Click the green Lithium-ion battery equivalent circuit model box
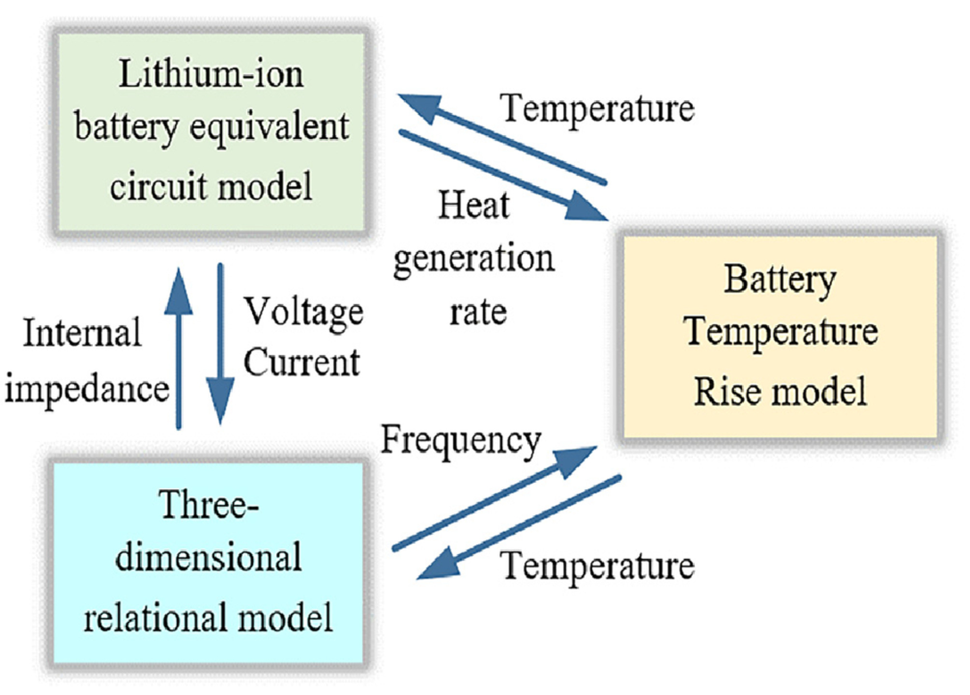click(x=211, y=133)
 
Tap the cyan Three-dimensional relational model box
click(x=208, y=562)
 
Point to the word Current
click(x=302, y=362)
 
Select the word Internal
click(x=82, y=333)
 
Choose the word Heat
click(x=473, y=205)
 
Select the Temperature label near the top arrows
click(x=597, y=109)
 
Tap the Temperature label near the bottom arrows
click(x=597, y=566)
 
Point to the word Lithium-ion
click(x=211, y=75)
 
